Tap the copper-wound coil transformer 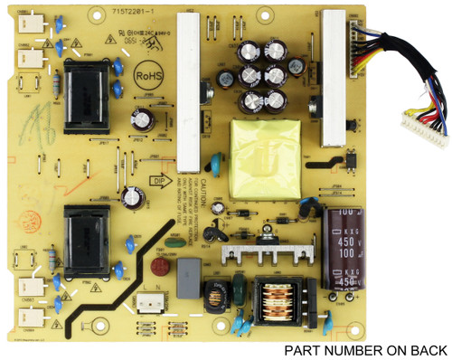click(278, 297)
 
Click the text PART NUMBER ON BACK click(365, 350)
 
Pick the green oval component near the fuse click(238, 290)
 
